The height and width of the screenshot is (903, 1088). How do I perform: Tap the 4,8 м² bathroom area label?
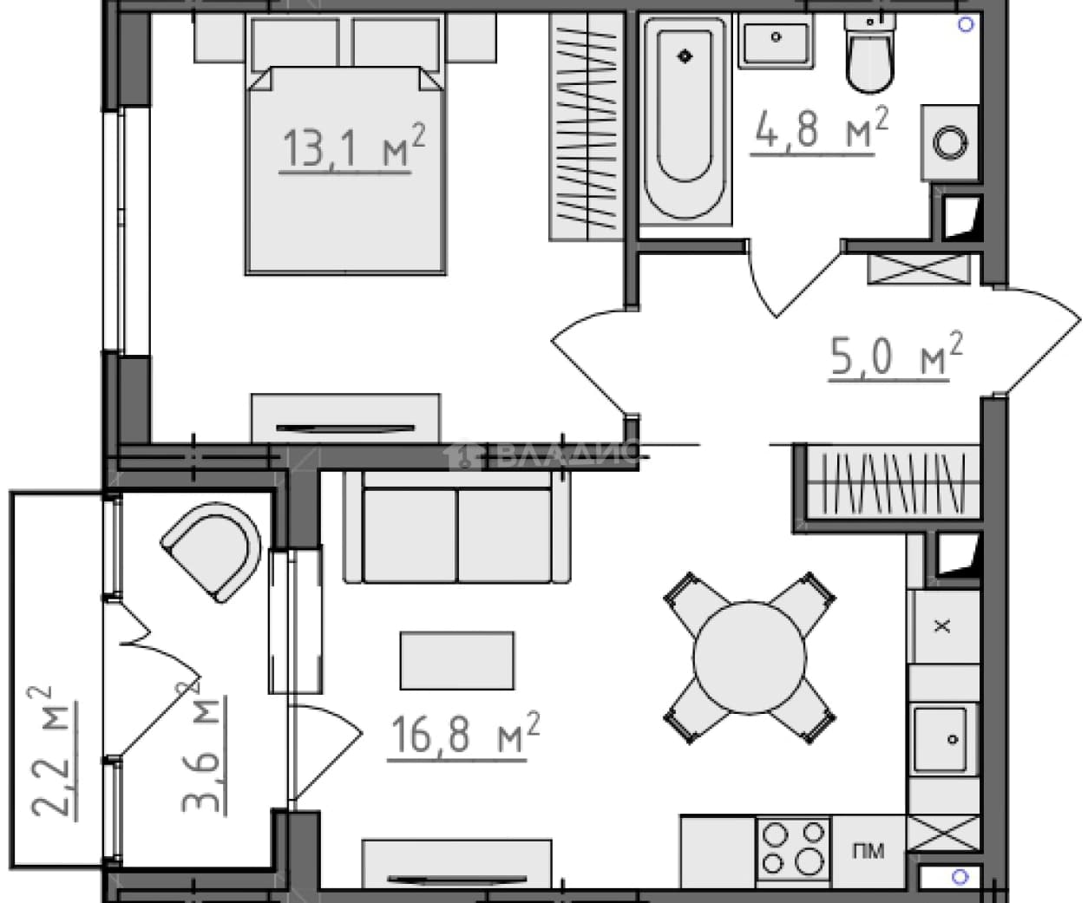tap(819, 130)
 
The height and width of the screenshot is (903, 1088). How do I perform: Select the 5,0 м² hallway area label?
tap(895, 356)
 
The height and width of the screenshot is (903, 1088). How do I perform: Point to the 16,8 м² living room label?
tap(463, 736)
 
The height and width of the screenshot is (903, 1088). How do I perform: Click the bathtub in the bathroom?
tap(685, 120)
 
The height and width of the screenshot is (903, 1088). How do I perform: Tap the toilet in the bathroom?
tap(869, 53)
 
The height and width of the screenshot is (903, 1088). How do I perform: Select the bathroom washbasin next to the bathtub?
tap(776, 41)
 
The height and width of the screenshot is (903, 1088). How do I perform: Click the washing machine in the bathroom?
tap(949, 143)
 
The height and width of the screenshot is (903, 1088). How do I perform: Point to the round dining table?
tap(750, 658)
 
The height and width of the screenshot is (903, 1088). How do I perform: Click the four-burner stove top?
tap(793, 849)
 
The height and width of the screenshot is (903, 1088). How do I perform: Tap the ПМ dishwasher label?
tap(868, 851)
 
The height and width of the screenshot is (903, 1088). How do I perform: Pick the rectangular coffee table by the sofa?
tap(457, 661)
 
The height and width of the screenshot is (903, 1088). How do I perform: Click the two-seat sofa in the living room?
tap(457, 527)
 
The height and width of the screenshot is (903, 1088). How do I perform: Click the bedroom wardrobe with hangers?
tap(587, 128)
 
